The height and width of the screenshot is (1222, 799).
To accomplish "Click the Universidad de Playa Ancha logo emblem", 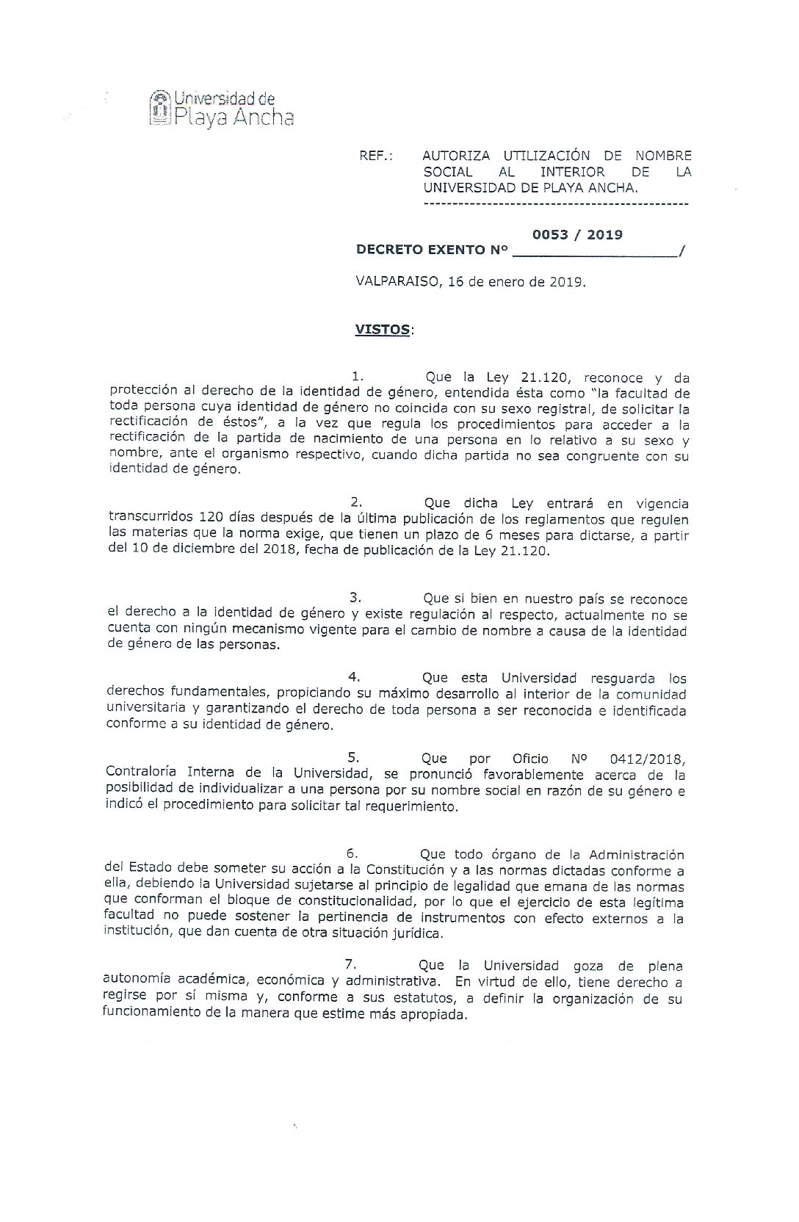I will click(159, 107).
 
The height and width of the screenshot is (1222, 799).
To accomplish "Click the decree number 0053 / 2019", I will click(577, 235).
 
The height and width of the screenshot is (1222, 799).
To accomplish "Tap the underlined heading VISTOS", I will click(383, 330).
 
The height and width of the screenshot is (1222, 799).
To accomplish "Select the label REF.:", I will click(375, 156).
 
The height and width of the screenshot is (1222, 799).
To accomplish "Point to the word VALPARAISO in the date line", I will click(394, 282).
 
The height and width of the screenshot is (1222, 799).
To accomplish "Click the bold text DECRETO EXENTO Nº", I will click(432, 250).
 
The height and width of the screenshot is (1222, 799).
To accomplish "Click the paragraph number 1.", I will click(358, 377).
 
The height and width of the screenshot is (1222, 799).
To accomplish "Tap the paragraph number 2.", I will click(357, 502).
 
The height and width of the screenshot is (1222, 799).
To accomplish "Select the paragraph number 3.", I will click(355, 598).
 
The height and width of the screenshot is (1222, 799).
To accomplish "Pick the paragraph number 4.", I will click(354, 677).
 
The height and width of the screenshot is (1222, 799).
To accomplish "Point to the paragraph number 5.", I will click(353, 756).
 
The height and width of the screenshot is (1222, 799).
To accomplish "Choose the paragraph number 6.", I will click(352, 853).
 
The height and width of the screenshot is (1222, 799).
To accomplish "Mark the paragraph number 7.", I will click(351, 964).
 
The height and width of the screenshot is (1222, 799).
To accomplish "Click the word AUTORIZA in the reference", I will click(456, 156).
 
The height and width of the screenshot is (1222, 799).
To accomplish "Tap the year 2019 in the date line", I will click(567, 282).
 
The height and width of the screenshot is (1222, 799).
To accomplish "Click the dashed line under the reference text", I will click(556, 203).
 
